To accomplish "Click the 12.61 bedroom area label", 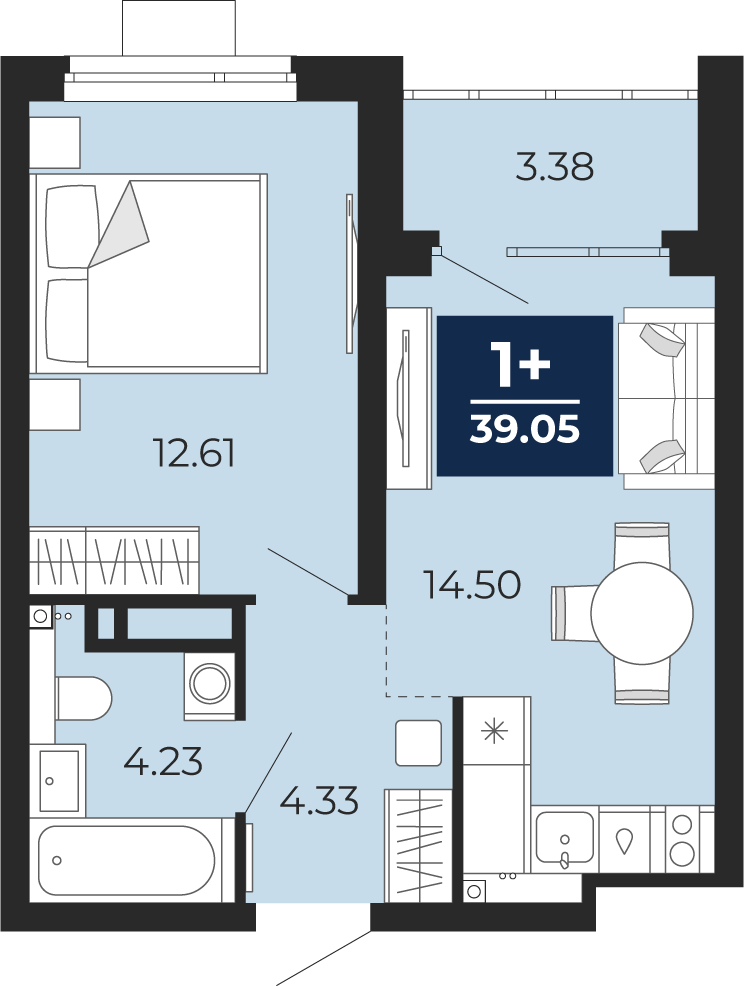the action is pyautogui.click(x=194, y=453).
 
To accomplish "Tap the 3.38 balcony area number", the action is pyautogui.click(x=555, y=168).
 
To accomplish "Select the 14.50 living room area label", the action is pyautogui.click(x=472, y=584).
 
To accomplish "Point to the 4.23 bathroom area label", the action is pyautogui.click(x=163, y=762).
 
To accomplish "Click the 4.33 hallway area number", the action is pyautogui.click(x=319, y=800).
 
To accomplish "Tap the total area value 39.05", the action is pyautogui.click(x=525, y=430).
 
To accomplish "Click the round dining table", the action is pyautogui.click(x=642, y=612).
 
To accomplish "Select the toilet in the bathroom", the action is pyautogui.click(x=84, y=698).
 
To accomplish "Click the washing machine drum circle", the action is pyautogui.click(x=209, y=684).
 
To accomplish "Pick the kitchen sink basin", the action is pyautogui.click(x=565, y=837).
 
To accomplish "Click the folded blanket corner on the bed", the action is pyautogui.click(x=119, y=223).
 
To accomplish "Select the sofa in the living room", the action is pyautogui.click(x=666, y=397).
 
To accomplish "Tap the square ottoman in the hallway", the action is pyautogui.click(x=418, y=743).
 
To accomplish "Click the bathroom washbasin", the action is pyautogui.click(x=58, y=780).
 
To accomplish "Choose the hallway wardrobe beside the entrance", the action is pyautogui.click(x=419, y=846).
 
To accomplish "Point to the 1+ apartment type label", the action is pyautogui.click(x=523, y=365).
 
